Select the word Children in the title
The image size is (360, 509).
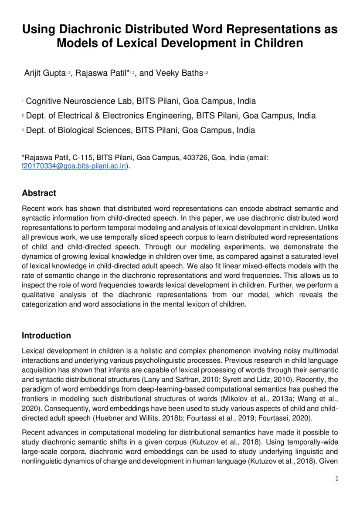pyautogui.click(x=278, y=43)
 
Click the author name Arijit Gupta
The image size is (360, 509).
pyautogui.click(x=44, y=73)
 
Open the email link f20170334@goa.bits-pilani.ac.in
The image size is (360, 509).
pyautogui.click(x=74, y=166)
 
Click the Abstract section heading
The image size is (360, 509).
pyautogui.click(x=39, y=193)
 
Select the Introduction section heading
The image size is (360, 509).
pyautogui.click(x=46, y=336)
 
